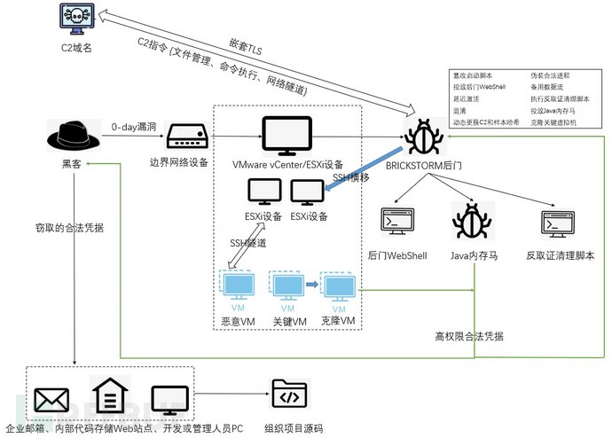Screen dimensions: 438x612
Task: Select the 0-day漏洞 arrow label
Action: (x=133, y=127)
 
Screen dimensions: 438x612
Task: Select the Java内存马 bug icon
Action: (x=471, y=223)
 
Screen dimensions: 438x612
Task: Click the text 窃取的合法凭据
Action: (x=63, y=228)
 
